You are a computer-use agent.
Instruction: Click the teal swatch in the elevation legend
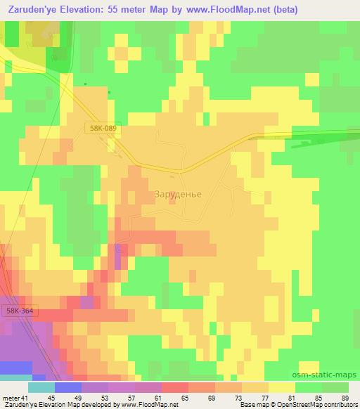(41, 387)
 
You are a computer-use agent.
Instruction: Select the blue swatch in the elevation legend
(68, 387)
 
